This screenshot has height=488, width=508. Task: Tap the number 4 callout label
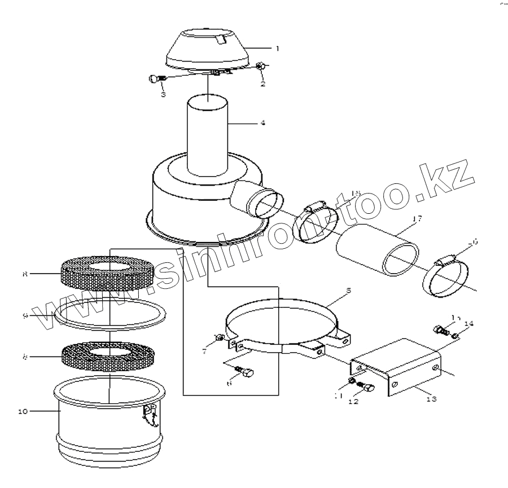[262, 123]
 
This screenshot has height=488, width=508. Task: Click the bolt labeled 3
[156, 80]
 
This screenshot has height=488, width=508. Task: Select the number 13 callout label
[431, 398]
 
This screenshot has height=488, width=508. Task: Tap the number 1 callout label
[277, 49]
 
